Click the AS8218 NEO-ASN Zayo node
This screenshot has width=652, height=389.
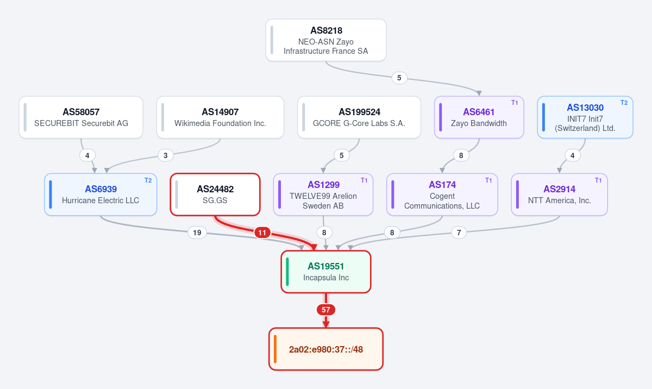coord(325,40)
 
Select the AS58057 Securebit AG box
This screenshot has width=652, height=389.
coord(81,117)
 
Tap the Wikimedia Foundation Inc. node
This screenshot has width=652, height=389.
coord(220,117)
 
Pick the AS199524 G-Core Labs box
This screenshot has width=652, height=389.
coord(359,117)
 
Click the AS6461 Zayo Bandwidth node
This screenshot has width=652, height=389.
coord(479,117)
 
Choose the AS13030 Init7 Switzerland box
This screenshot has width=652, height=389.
coord(585,117)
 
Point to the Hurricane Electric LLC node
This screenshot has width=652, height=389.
coord(101,195)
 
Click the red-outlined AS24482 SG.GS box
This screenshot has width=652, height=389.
coord(215,195)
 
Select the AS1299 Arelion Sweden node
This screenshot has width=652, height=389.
coord(323,195)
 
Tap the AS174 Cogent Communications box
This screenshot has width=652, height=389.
coord(442,195)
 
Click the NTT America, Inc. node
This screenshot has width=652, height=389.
coord(559,195)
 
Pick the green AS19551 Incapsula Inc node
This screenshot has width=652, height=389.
coord(325,272)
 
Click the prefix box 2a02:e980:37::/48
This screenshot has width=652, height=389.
coord(325,349)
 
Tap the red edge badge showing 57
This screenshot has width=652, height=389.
coord(325,310)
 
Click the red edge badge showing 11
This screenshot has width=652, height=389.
coord(262,233)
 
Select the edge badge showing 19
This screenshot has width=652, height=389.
coord(197,233)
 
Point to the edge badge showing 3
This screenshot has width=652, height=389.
coord(166,155)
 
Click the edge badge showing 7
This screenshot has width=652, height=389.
coord(459,233)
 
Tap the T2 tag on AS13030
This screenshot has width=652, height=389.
coord(624,103)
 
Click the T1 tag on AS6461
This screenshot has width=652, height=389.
coord(515,103)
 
